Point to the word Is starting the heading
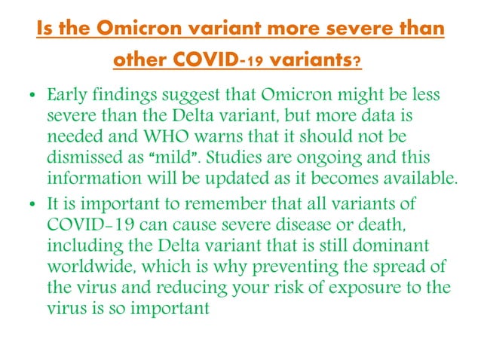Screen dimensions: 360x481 45,30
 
